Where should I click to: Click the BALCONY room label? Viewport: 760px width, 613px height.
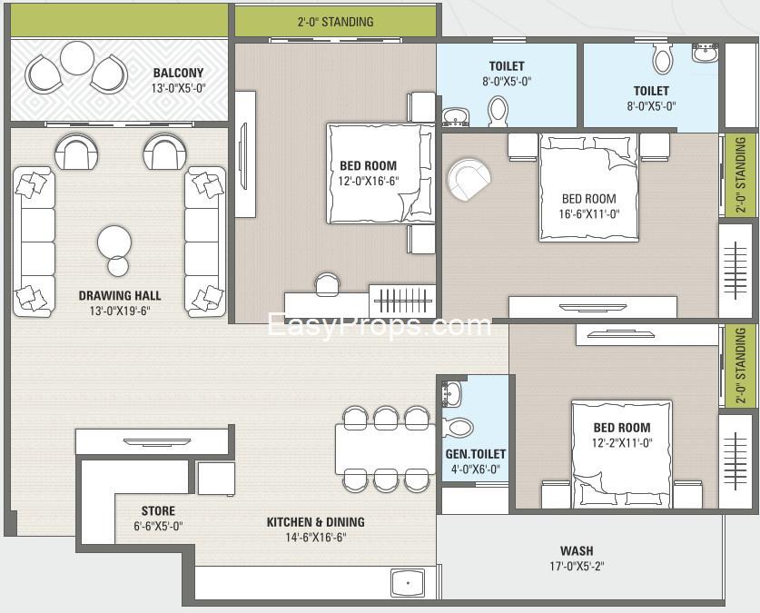pyautogui.click(x=178, y=74)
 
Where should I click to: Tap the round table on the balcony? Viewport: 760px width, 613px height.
pyautogui.click(x=76, y=57)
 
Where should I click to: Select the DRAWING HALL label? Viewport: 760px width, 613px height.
pyautogui.click(x=120, y=295)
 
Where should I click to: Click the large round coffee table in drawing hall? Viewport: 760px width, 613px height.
pyautogui.click(x=114, y=242)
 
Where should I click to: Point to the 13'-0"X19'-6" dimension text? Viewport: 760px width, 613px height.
pyautogui.click(x=120, y=311)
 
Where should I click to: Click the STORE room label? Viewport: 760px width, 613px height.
pyautogui.click(x=158, y=510)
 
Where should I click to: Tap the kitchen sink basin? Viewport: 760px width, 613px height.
pyautogui.click(x=408, y=583)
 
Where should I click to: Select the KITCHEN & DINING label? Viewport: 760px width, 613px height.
pyautogui.click(x=316, y=522)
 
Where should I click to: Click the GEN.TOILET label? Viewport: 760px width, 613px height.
pyautogui.click(x=476, y=454)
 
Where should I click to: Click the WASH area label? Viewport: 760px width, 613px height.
pyautogui.click(x=577, y=551)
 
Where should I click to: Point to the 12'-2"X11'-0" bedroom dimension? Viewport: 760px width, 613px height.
pyautogui.click(x=622, y=443)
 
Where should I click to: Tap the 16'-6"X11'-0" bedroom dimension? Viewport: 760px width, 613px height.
pyautogui.click(x=589, y=213)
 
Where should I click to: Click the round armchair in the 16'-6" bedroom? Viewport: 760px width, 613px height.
pyautogui.click(x=469, y=179)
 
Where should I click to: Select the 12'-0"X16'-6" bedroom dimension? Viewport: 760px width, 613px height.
pyautogui.click(x=369, y=182)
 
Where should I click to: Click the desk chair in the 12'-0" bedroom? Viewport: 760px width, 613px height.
pyautogui.click(x=327, y=283)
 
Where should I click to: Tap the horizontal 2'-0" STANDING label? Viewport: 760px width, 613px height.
pyautogui.click(x=335, y=22)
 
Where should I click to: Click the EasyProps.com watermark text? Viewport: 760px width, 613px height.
pyautogui.click(x=380, y=325)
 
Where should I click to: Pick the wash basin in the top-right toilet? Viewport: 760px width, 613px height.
pyautogui.click(x=706, y=53)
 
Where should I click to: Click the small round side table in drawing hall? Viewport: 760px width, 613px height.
pyautogui.click(x=118, y=266)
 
